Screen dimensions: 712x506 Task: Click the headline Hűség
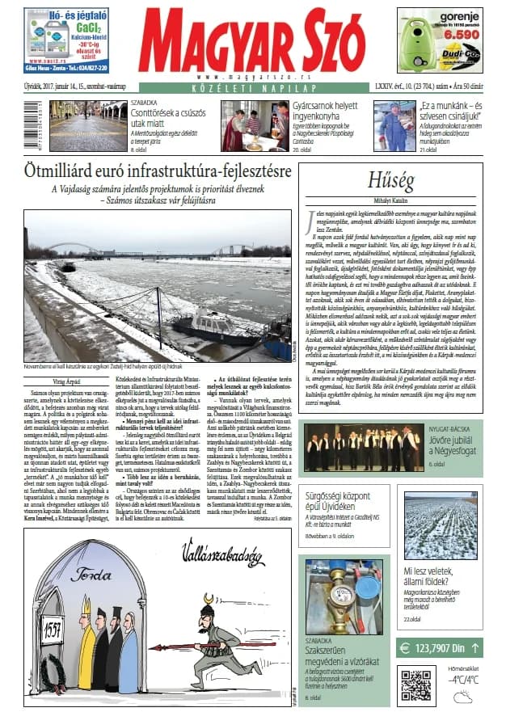pos(390,179)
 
